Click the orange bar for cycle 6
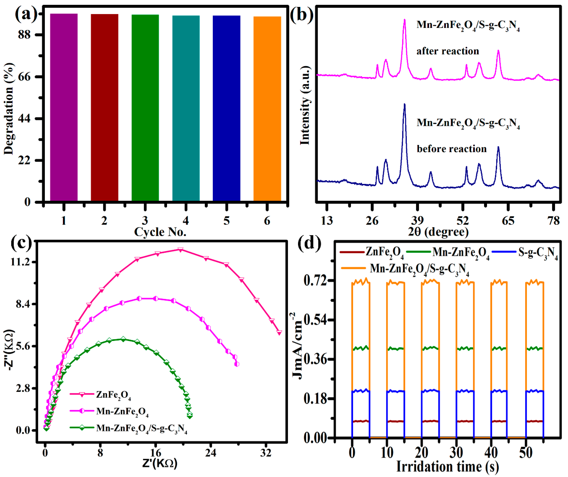pos(267,108)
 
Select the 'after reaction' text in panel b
pos(448,51)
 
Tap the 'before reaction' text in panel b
pos(451,149)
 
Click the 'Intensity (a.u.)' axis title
pos(305,106)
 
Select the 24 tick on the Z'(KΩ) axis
pos(211,453)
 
